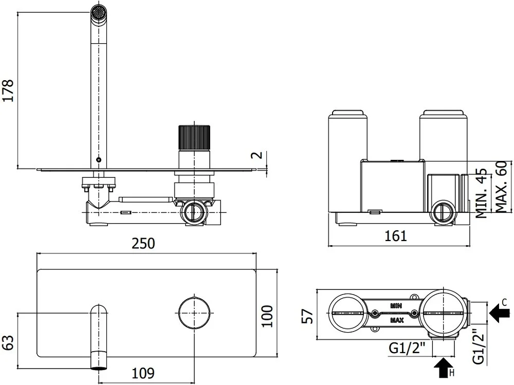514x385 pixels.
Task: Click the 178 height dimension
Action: [8, 90]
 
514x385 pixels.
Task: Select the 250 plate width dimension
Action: [143, 244]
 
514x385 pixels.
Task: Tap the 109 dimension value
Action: [143, 373]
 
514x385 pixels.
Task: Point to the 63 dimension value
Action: [8, 342]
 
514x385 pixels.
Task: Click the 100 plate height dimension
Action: [267, 316]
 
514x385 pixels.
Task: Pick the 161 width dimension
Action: [396, 236]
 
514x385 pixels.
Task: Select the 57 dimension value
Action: [307, 316]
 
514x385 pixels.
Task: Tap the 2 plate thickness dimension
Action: [259, 154]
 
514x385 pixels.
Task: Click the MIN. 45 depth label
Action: [482, 193]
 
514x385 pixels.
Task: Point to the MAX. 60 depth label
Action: [501, 187]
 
